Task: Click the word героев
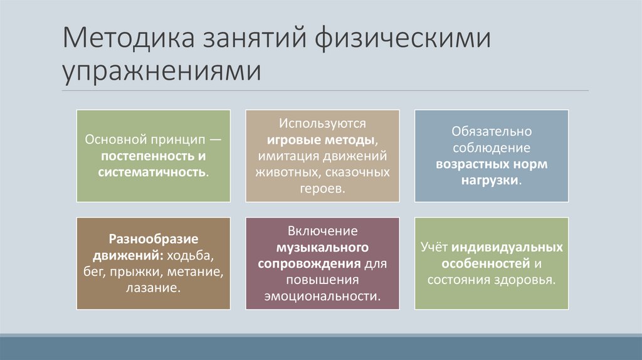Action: coord(322,188)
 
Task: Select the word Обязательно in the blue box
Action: coord(492,132)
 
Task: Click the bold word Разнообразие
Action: coord(154,240)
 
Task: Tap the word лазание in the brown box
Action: coord(152,289)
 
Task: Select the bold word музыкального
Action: coord(322,248)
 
